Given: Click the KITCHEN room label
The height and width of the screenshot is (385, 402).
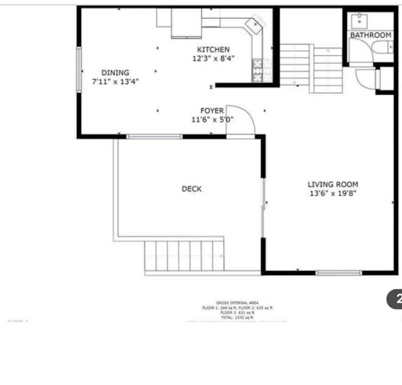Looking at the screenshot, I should click(213, 50).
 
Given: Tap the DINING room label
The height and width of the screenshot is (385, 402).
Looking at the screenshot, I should click(115, 73).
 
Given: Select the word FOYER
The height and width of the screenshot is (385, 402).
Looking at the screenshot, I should click(212, 111).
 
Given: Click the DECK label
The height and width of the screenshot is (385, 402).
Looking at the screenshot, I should click(191, 189).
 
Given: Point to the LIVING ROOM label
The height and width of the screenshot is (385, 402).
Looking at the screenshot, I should click(332, 184).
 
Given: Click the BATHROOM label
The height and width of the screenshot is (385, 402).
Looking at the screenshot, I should click(370, 35).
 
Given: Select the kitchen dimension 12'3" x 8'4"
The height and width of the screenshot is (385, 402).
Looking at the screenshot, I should click(213, 58).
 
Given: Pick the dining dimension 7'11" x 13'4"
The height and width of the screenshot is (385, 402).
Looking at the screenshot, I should click(115, 81).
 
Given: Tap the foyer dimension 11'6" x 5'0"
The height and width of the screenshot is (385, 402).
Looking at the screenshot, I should click(212, 119).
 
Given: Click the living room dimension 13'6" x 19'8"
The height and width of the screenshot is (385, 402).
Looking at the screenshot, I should click(332, 193).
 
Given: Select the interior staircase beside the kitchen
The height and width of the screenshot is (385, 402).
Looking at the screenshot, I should click(310, 68).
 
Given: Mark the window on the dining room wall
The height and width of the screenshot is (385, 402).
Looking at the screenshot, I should click(79, 69).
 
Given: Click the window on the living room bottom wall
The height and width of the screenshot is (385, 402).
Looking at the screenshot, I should click(338, 273).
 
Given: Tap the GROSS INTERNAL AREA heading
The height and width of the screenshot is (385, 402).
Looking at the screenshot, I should click(237, 303).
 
